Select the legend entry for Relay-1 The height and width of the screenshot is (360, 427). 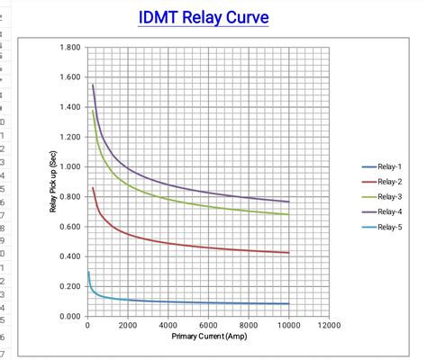(x=389, y=167)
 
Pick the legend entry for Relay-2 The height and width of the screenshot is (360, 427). (x=389, y=182)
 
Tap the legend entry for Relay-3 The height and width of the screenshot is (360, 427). (x=389, y=197)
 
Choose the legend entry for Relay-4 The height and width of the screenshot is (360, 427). (x=389, y=211)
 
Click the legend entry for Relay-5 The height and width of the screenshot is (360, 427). (x=389, y=227)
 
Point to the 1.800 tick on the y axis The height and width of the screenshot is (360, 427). (x=68, y=47)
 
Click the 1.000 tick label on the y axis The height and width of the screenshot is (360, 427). (x=68, y=166)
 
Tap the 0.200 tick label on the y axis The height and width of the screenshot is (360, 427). (x=68, y=286)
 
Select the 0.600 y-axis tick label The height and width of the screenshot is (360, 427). (x=68, y=227)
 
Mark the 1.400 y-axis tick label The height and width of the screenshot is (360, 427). (x=68, y=107)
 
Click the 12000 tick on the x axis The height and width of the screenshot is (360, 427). (x=329, y=325)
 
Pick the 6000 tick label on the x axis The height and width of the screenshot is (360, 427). (x=208, y=325)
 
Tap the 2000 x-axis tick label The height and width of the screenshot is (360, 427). (x=127, y=325)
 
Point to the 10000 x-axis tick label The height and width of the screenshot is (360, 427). (x=288, y=325)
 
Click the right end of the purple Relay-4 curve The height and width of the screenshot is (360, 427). (x=288, y=202)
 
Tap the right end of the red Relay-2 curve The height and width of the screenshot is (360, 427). (x=288, y=253)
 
